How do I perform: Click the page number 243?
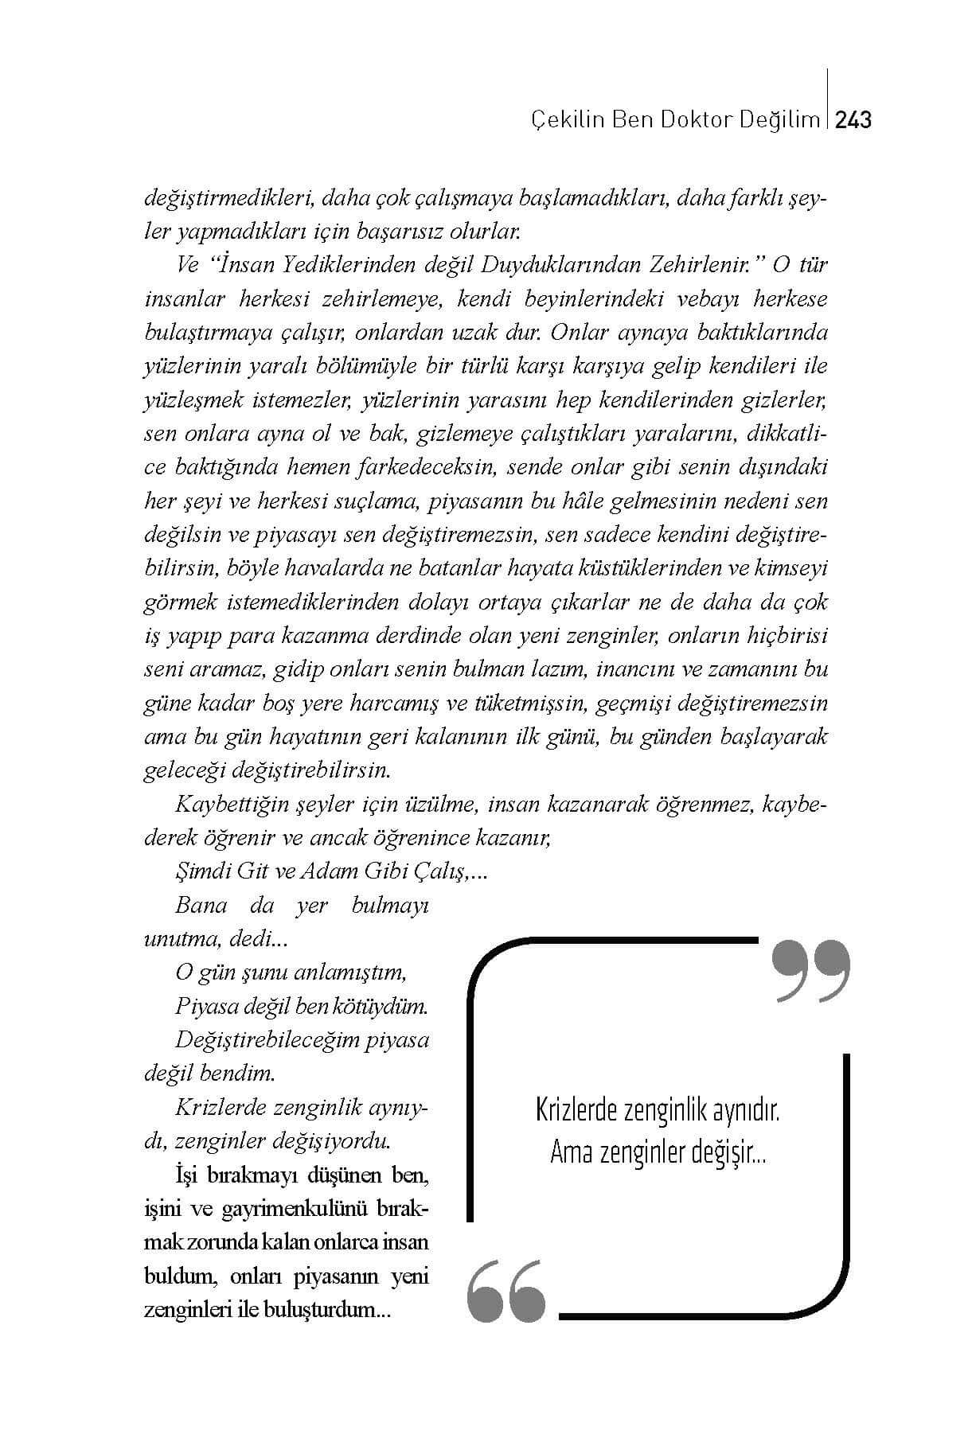point(854,120)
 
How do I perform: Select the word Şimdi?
point(202,871)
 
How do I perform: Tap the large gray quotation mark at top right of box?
point(810,971)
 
